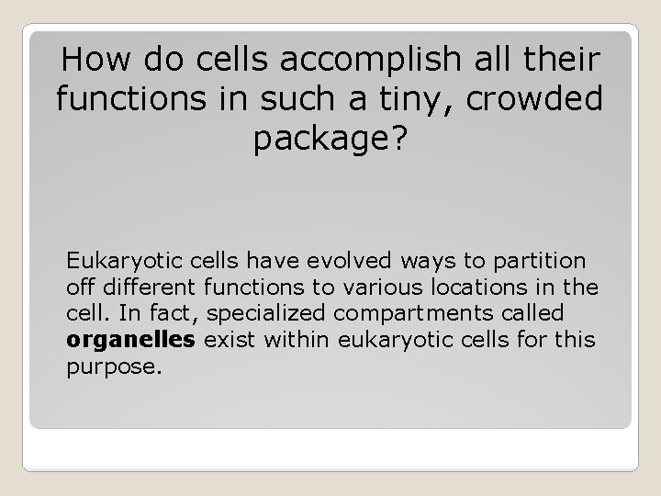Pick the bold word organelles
[x=131, y=341]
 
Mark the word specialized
[x=266, y=313]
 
